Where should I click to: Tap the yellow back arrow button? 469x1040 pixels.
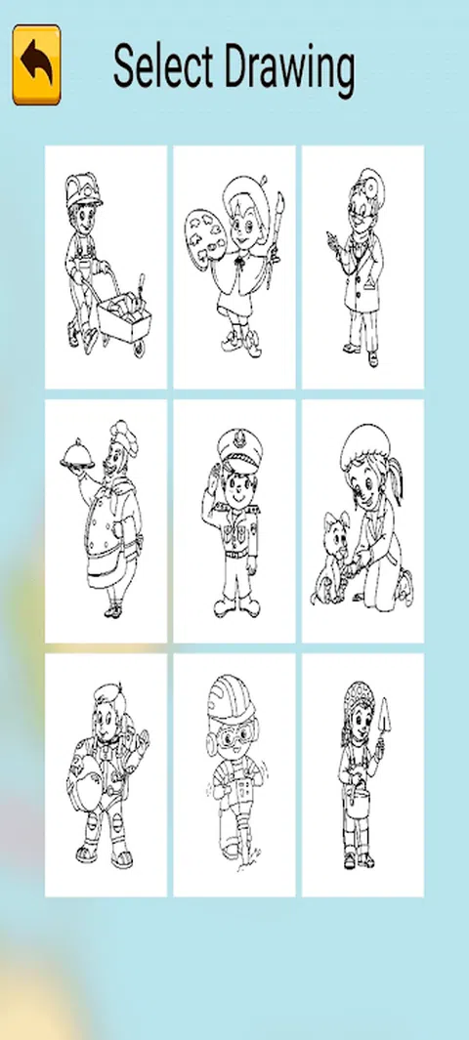point(36,65)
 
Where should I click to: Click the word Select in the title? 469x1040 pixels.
point(163,66)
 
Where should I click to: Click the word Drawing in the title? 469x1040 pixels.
point(289,70)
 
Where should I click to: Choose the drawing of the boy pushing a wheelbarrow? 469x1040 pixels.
point(107,267)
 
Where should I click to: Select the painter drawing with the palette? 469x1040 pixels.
point(234,267)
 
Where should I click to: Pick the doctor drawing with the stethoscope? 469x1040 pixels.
point(362,267)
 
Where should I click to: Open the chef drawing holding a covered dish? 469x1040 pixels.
point(107,520)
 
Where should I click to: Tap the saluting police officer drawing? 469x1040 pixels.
point(234,520)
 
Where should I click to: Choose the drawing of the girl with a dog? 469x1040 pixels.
point(362,520)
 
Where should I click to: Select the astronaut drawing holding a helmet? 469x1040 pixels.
point(107,774)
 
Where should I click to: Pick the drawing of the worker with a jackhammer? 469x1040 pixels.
point(234,774)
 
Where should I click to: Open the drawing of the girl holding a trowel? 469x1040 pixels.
point(362,774)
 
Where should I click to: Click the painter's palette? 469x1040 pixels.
point(201,234)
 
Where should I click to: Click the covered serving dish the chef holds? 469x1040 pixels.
point(77,454)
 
